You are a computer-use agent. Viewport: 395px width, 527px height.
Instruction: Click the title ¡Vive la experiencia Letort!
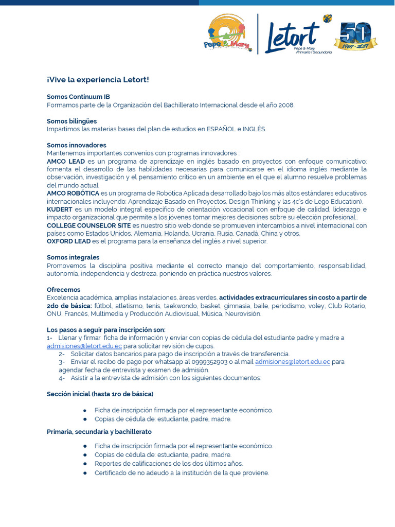pos(98,80)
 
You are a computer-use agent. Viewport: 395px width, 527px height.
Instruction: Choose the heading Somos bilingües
pos(71,121)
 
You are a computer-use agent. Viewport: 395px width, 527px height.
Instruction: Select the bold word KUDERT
pos(60,209)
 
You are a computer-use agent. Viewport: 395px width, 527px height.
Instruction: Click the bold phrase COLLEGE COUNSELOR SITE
pos(88,225)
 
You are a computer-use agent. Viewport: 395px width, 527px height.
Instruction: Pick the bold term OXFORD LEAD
pos(69,241)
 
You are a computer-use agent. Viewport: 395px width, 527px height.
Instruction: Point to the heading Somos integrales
pos(73,257)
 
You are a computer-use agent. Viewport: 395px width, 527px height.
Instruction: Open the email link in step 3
pos(293,362)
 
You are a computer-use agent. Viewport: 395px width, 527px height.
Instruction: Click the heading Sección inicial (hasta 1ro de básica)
pos(100,394)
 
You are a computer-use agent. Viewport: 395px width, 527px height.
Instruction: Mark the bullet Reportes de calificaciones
pos(169,464)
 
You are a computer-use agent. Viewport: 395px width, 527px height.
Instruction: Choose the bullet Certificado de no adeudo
pos(182,472)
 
